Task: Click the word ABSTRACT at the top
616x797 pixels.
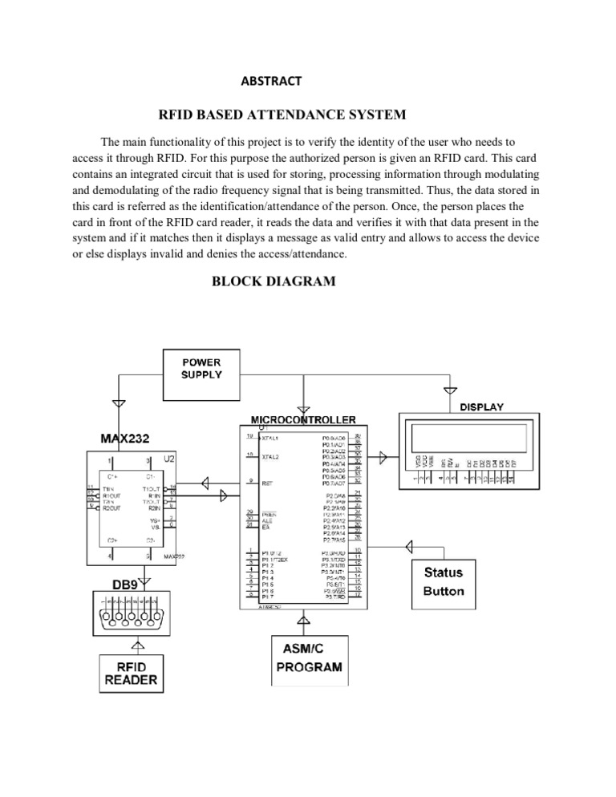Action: click(x=270, y=80)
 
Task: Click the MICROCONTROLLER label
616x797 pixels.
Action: click(x=303, y=419)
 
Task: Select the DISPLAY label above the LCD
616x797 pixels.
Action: click(x=481, y=407)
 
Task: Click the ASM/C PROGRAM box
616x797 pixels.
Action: click(x=309, y=658)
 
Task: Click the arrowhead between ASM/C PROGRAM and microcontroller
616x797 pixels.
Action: click(x=305, y=619)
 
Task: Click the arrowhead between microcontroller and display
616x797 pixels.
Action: click(x=383, y=456)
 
